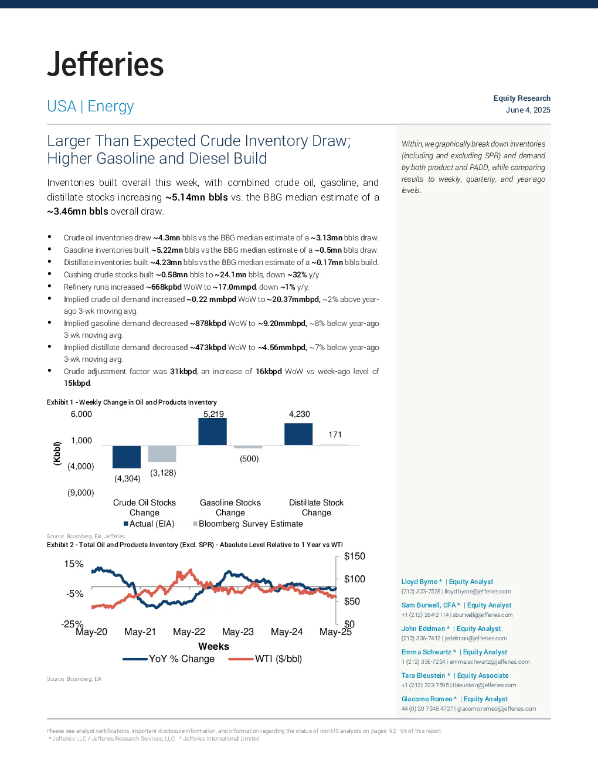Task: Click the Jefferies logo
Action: point(105,64)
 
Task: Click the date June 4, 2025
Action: point(528,110)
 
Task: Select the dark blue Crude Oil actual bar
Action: point(127,457)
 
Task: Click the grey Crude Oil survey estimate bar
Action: point(162,454)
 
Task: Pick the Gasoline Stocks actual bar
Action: point(212,432)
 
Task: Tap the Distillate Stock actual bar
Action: point(298,434)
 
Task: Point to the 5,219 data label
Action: point(214,414)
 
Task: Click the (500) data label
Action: point(249,459)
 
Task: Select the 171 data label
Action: point(335,434)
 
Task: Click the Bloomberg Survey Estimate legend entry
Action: point(248,524)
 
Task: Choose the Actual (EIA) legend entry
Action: point(149,524)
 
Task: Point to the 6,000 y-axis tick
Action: point(81,414)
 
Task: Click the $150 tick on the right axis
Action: point(354,556)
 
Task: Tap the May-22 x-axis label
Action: point(189,632)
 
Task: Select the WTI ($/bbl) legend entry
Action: point(266,658)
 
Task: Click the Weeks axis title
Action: point(214,646)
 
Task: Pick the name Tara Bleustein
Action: point(423,675)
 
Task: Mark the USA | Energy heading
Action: point(90,106)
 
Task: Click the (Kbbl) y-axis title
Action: point(57,453)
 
